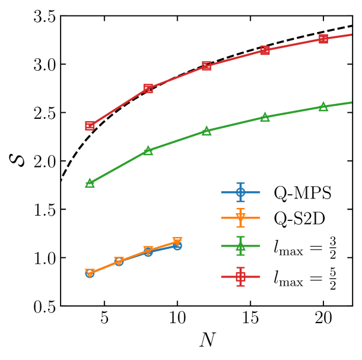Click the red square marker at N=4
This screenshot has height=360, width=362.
[90, 126]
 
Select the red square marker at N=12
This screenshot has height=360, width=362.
[207, 65]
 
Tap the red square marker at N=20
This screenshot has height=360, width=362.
[323, 39]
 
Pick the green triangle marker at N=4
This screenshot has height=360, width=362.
[90, 183]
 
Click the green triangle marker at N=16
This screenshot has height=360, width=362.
[265, 118]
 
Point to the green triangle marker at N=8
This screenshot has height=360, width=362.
[148, 151]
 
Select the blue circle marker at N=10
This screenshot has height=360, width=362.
[177, 245]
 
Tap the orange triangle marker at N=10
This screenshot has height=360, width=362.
[177, 241]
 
